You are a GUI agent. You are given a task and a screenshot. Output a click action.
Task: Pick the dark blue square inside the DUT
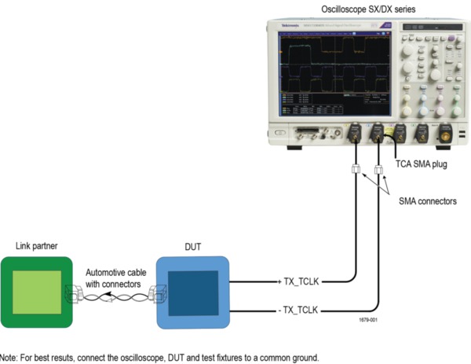(192, 292)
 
